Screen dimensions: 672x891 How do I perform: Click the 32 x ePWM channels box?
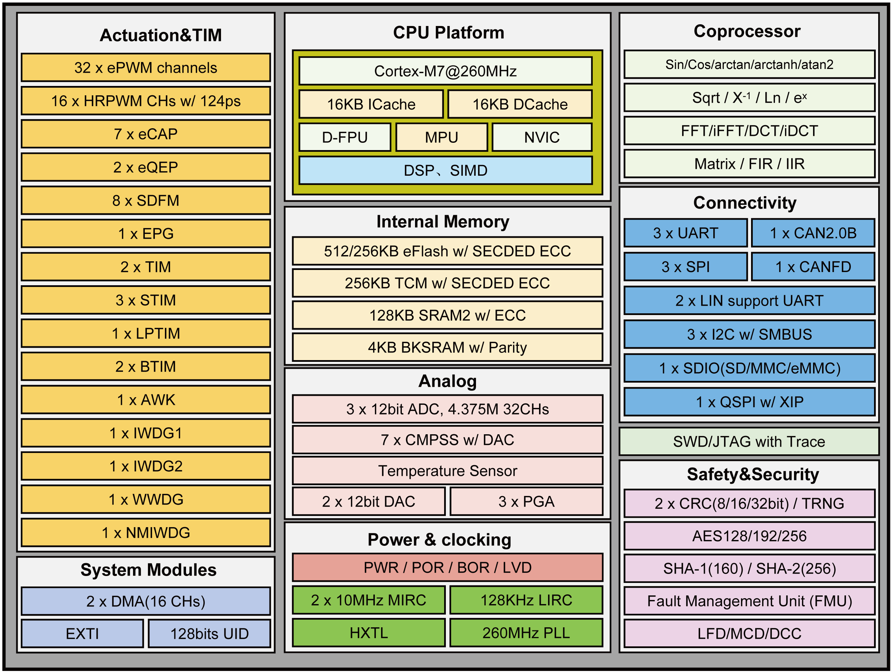[x=145, y=68]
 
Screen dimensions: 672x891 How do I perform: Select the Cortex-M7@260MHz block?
[x=445, y=71]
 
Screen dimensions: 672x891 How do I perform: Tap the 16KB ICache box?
[x=371, y=104]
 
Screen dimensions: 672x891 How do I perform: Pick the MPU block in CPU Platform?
[x=441, y=137]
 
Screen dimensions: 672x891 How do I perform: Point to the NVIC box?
[x=542, y=137]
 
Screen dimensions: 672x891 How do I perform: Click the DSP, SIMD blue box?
[x=445, y=171]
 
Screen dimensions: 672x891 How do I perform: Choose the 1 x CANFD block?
[x=813, y=267]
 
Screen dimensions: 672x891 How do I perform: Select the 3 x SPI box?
[x=686, y=267]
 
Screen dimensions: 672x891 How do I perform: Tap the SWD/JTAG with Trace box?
[x=749, y=442]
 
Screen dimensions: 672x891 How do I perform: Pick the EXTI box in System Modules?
[x=82, y=634]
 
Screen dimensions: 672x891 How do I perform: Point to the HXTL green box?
[x=369, y=633]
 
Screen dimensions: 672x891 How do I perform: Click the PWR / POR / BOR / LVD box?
[x=447, y=568]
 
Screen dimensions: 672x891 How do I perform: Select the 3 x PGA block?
[x=526, y=501]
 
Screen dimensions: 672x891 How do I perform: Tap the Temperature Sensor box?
[x=447, y=471]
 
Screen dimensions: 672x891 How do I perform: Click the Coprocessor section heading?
[x=747, y=32]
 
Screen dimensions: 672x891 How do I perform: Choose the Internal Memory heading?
[x=443, y=221]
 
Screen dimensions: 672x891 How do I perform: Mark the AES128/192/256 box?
[x=749, y=536]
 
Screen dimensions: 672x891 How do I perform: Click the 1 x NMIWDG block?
[x=145, y=533]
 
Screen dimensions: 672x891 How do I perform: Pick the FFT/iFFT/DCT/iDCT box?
[x=749, y=131]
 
